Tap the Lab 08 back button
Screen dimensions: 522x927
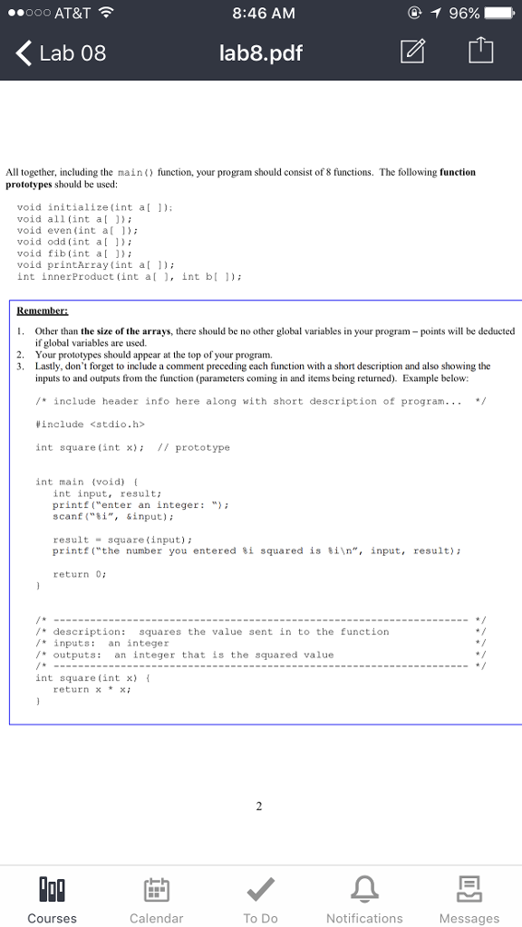coord(62,53)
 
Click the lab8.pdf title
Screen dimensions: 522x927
coord(261,53)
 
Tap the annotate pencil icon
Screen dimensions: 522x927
coord(411,53)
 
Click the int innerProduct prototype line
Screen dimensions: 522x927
coord(130,277)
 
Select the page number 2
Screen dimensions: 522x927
coord(259,808)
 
